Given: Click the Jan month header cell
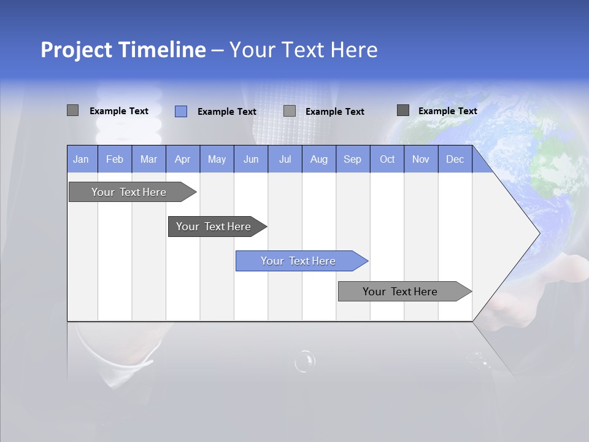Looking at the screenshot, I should (81, 159).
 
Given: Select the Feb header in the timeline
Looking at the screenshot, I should (115, 159).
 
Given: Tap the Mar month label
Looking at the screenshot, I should (148, 159).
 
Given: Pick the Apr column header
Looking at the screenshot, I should (183, 159).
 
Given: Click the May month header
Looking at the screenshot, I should (217, 159).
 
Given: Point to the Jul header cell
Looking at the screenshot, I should (285, 159).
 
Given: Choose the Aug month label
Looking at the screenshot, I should (319, 159).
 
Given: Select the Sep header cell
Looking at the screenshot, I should (353, 159).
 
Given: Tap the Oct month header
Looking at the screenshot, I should (387, 159).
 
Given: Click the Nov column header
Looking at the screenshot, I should (421, 159).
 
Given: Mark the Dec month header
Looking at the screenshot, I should (455, 159).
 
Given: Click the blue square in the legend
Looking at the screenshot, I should (181, 111).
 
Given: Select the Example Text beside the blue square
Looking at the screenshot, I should (226, 112).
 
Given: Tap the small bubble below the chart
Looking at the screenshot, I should (304, 361).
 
